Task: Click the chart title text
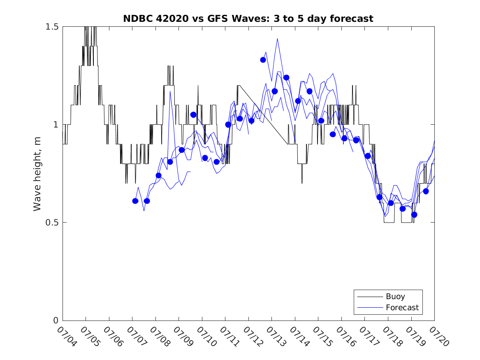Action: [248, 19]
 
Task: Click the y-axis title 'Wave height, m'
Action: [37, 173]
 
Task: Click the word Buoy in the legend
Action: [395, 297]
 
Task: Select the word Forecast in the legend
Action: [402, 307]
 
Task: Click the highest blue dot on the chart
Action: [263, 60]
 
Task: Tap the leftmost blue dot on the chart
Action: [135, 201]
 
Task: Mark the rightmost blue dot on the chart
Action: [426, 191]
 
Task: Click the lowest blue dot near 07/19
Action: [414, 215]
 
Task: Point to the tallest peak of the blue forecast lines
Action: [277, 38]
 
